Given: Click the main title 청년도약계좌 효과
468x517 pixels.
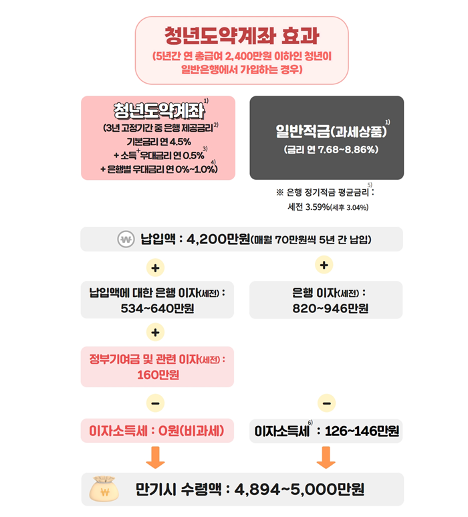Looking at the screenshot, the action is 241,35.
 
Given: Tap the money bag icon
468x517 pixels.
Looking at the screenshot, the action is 104,489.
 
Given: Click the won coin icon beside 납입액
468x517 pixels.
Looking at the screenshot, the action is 126,239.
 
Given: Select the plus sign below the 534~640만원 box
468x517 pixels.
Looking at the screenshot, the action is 155,332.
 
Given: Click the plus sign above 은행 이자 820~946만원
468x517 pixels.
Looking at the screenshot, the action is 324,265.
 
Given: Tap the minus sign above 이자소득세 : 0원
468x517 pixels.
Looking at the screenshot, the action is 155,403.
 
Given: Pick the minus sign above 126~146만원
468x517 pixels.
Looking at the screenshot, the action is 327,403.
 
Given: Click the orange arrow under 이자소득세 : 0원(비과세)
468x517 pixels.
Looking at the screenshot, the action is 155,457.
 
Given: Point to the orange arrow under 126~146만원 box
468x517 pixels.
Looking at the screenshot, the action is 326,457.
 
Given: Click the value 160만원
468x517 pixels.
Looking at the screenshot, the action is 158,375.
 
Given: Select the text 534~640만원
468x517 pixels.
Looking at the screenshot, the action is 157,308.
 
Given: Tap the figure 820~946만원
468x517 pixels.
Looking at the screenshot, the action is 330,308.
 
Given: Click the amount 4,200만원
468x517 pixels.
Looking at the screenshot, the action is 219,239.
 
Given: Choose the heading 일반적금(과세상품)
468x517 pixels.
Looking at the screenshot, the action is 331,132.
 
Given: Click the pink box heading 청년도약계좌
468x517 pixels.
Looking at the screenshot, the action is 159,111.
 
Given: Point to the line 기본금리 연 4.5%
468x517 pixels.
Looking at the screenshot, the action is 159,142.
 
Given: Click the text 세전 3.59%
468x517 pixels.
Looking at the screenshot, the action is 308,207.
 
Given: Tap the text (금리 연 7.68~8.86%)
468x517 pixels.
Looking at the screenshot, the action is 331,150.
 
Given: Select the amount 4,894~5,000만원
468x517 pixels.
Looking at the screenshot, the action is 300,490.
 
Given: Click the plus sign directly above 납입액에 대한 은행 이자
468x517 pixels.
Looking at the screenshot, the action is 155,268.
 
